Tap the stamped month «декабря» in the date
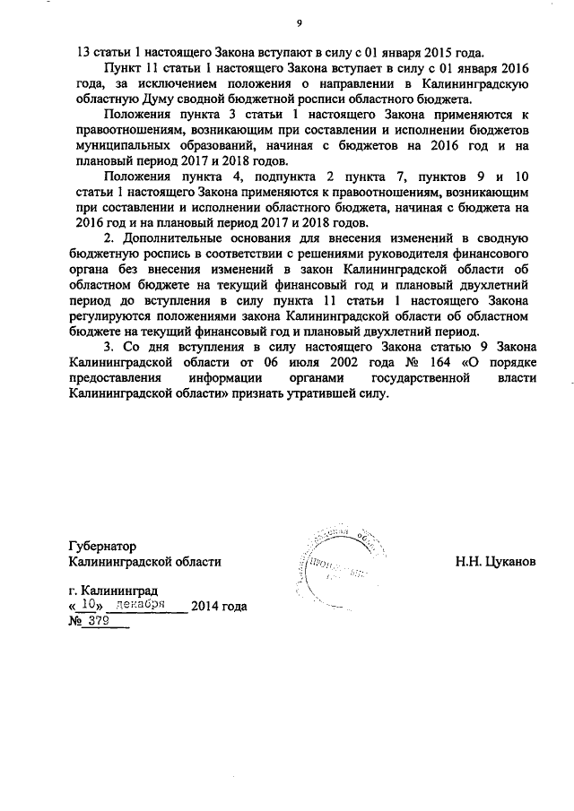coord(146,605)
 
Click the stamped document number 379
coord(98,620)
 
